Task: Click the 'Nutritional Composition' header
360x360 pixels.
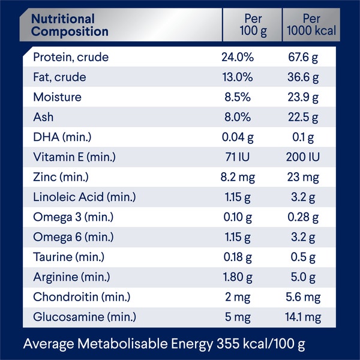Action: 70,25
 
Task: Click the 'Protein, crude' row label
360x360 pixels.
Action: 71,58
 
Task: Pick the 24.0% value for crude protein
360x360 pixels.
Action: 238,58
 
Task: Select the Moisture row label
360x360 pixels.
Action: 57,97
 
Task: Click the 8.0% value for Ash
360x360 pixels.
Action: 238,118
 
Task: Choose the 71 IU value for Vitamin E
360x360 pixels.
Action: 238,158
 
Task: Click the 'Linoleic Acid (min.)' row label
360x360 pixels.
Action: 85,197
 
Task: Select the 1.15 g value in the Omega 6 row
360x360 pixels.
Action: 238,238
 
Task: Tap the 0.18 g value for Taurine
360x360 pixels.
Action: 238,257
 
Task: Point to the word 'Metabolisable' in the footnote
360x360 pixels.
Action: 118,344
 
